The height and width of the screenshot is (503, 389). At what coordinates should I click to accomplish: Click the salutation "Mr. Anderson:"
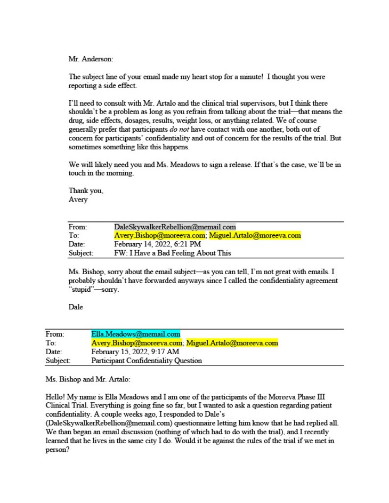91,59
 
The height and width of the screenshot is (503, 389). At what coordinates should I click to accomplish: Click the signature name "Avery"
77,199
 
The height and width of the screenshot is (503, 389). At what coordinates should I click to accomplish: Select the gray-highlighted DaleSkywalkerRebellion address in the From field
175,227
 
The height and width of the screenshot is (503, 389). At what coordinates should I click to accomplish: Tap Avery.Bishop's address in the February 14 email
160,235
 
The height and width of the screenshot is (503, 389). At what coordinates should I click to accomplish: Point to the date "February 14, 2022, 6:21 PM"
157,244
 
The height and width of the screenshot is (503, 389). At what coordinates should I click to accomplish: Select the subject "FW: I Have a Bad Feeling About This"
173,253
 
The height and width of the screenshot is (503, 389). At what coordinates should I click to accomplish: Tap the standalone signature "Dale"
76,307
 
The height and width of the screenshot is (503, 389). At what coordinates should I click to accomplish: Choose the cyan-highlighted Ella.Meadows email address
135,334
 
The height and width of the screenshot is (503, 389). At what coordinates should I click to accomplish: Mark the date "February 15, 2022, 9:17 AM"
135,352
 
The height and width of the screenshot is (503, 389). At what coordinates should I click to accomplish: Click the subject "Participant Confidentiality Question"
147,361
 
